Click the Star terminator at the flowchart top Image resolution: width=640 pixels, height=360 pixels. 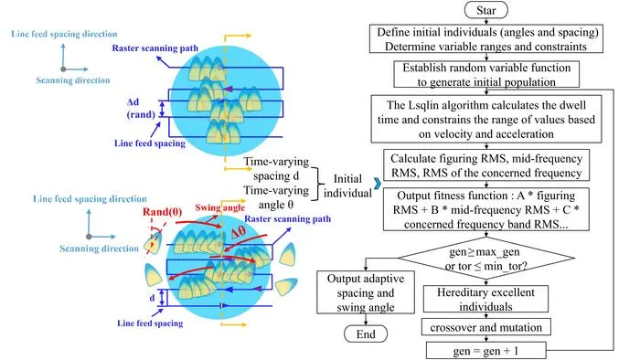(485, 10)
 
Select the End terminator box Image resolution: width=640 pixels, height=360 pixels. (366, 334)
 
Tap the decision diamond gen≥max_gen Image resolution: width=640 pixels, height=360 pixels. (485, 258)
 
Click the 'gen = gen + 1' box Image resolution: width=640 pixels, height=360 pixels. (485, 350)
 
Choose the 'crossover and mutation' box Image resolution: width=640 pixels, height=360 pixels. (485, 327)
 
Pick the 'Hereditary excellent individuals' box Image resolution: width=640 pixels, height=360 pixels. (485, 299)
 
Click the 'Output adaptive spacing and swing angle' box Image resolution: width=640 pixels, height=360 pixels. (366, 292)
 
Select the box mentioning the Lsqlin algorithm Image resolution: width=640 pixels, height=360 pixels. (486, 119)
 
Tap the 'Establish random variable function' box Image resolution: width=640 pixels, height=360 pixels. (486, 74)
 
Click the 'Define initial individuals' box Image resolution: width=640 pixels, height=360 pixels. (486, 38)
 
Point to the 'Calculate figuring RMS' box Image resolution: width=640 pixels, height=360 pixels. (486, 165)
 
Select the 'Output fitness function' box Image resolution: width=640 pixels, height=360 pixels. (486, 209)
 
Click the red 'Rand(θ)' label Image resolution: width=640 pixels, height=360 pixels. (162, 212)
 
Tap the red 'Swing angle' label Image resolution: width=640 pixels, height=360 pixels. (220, 207)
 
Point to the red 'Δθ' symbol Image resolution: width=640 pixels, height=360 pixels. (239, 232)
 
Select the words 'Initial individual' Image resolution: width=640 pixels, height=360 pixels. (347, 185)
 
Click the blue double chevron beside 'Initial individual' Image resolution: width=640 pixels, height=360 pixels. (378, 183)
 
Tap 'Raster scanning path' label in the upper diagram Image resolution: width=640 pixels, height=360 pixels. (155, 48)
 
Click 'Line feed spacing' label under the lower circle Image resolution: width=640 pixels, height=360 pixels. (150, 323)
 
